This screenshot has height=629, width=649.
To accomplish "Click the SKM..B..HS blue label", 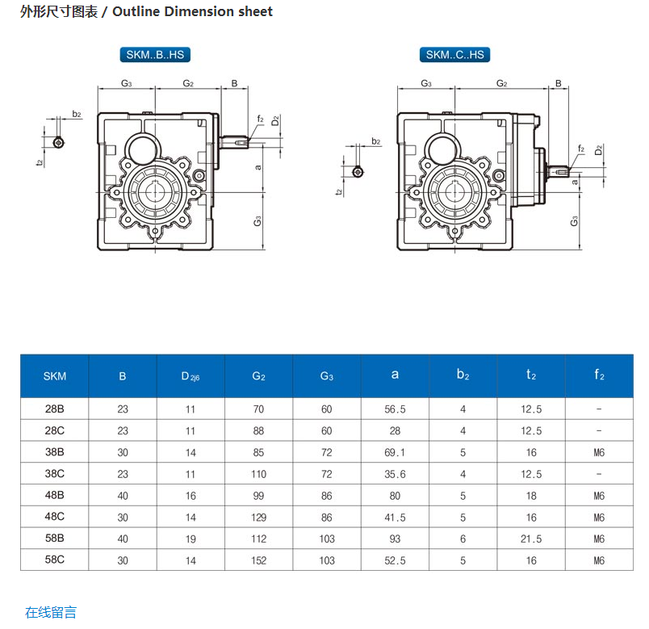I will tap(155, 55).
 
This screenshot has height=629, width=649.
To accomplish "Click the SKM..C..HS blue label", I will tap(455, 55).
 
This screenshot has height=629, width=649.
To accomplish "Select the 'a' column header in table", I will tap(395, 375).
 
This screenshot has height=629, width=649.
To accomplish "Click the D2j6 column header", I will tap(190, 375).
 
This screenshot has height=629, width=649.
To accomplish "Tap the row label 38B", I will tap(55, 452).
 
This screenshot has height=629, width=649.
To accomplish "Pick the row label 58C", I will tap(55, 560).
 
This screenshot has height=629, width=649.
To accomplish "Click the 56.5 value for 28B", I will tap(395, 409).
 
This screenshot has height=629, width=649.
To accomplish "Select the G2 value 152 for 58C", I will tap(258, 560).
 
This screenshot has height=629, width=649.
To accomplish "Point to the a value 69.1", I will tap(395, 452).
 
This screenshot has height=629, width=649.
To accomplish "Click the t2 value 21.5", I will tap(531, 539).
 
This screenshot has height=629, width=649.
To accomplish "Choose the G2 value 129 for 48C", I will tap(258, 518).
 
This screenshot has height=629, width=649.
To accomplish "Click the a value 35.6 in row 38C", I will tap(395, 474).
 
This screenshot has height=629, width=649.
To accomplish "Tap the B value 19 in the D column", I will tap(191, 539).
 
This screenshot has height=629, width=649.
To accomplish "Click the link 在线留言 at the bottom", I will tap(51, 612).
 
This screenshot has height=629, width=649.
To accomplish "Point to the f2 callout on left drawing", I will tap(260, 119).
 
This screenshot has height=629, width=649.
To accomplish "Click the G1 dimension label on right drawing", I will tap(574, 220).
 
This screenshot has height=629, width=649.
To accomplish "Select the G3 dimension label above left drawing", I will tap(127, 83).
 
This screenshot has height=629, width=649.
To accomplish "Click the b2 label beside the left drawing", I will tap(77, 114).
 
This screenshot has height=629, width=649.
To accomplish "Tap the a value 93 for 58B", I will tap(395, 539).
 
